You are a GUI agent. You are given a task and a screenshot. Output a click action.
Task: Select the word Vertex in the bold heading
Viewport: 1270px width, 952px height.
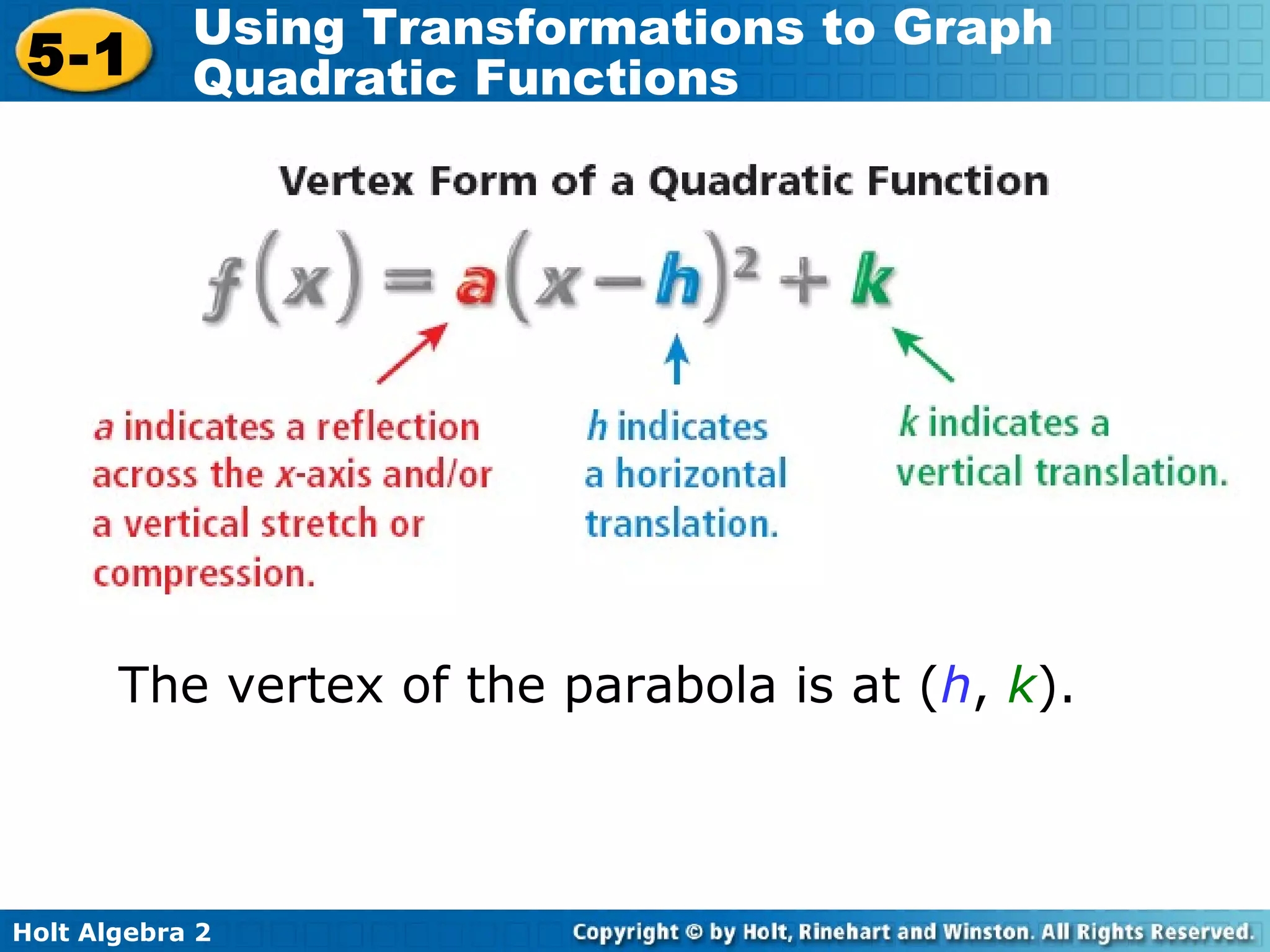tap(346, 181)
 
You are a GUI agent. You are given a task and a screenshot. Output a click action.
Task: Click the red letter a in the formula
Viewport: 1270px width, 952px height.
tap(476, 284)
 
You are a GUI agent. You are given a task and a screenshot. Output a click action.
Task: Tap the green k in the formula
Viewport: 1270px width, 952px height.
tap(872, 280)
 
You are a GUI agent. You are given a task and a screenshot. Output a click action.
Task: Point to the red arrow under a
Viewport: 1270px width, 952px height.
tap(412, 353)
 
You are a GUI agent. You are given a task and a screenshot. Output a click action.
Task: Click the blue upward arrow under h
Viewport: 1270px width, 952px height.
tap(677, 359)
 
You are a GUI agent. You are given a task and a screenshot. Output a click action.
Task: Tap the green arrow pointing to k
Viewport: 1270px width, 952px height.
tap(923, 355)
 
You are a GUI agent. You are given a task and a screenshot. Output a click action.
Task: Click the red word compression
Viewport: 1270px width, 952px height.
tap(204, 574)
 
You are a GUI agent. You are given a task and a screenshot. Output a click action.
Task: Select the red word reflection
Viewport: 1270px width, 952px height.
tap(398, 428)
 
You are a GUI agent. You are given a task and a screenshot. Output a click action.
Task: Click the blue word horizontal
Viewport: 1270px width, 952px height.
tap(701, 475)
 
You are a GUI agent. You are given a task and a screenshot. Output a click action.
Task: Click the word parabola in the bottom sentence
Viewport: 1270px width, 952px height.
tap(670, 685)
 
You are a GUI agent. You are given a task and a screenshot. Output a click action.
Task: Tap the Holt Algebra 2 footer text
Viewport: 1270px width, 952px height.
tap(112, 932)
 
